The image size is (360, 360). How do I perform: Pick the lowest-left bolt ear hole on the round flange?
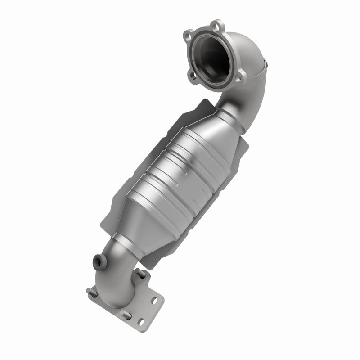[x=195, y=77]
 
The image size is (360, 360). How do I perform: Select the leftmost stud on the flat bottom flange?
[x=89, y=291]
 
